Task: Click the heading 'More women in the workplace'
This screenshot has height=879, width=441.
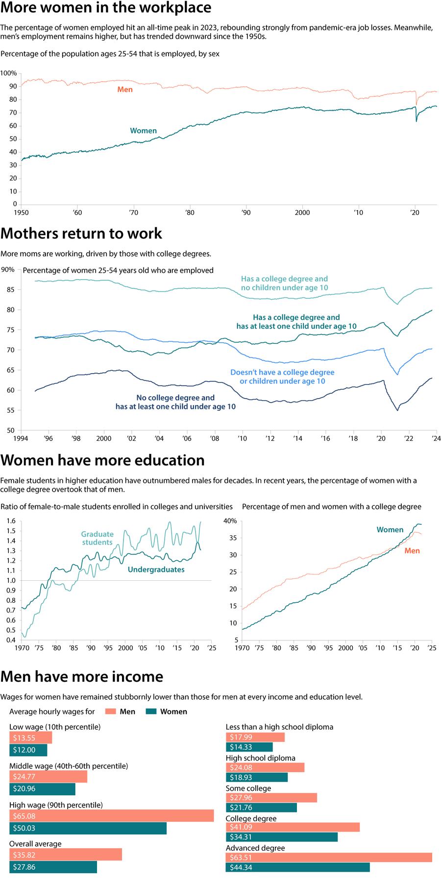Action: point(106,8)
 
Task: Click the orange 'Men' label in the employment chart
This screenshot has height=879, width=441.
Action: point(125,90)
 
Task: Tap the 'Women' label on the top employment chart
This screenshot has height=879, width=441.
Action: point(143,131)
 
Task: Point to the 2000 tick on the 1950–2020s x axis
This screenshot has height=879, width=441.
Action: point(302,213)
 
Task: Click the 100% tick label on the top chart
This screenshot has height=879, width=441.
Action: point(8,73)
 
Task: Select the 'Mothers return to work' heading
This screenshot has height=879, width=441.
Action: point(81,234)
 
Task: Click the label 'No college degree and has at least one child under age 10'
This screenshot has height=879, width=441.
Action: point(175,402)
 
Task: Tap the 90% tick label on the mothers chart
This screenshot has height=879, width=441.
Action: point(8,270)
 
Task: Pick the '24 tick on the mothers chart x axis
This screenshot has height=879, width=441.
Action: point(436,438)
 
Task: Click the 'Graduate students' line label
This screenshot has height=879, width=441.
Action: point(97,538)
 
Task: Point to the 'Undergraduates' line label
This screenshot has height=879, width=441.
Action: point(156,570)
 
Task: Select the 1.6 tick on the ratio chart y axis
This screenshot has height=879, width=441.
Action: point(11,521)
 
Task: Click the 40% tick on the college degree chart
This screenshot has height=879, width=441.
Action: point(230,521)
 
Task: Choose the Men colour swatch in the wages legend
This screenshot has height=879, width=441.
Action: point(110,712)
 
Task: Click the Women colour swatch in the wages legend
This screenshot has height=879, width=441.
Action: point(151,712)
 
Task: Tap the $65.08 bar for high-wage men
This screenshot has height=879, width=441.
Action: point(111,816)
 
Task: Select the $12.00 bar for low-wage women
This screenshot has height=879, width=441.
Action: point(28,750)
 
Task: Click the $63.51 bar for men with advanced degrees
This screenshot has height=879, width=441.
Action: point(328,857)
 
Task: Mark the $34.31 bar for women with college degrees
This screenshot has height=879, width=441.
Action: point(281,837)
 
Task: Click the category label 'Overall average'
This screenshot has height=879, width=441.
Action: point(35,844)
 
